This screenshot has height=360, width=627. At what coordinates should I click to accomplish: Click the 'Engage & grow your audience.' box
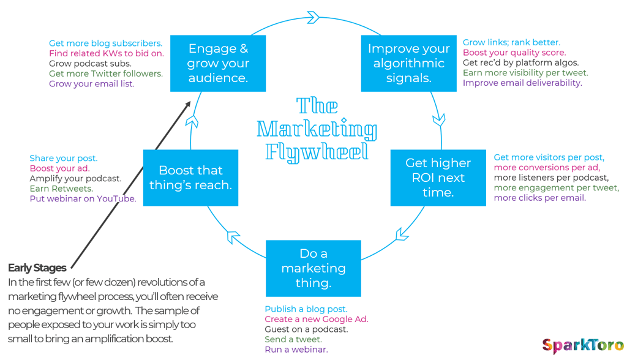[218, 63]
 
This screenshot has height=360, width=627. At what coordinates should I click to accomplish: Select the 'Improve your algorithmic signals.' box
[408, 63]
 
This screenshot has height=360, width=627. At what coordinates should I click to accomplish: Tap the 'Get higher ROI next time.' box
[438, 178]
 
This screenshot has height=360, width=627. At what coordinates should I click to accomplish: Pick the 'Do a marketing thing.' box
[313, 268]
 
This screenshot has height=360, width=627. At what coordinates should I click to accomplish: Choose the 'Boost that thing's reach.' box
[191, 178]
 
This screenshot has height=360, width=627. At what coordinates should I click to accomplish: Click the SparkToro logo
[583, 345]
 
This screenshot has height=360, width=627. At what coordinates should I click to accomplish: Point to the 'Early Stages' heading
[37, 268]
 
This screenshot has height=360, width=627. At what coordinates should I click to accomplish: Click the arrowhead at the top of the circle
[313, 17]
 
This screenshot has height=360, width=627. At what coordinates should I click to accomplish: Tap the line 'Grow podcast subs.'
[90, 63]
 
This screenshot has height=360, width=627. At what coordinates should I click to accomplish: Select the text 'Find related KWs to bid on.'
[107, 53]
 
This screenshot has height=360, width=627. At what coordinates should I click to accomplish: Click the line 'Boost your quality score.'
[514, 53]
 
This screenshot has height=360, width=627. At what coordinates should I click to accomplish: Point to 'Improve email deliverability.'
[522, 83]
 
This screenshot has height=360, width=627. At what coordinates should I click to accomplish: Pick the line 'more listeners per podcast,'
[551, 178]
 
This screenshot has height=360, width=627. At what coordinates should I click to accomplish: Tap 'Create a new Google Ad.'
[317, 319]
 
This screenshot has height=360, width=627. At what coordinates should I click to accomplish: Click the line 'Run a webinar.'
[296, 350]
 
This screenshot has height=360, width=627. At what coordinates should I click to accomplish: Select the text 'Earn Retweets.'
[61, 189]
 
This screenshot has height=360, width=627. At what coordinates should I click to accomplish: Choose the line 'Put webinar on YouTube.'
[83, 198]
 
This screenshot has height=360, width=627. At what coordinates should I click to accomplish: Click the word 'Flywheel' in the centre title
[317, 152]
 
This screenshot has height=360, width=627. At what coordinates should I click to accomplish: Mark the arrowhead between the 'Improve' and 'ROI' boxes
[439, 119]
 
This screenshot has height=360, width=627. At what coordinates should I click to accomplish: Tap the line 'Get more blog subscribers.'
[105, 43]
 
